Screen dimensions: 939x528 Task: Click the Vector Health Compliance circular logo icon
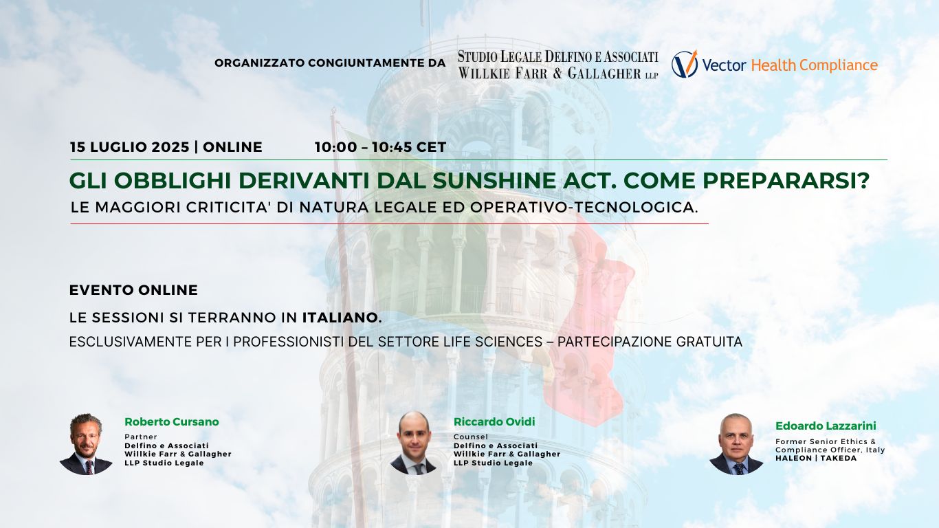point(685,64)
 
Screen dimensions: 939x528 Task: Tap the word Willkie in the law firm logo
point(484,74)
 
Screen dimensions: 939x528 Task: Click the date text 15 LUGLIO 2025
point(129,147)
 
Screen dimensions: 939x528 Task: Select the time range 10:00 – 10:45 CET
point(380,147)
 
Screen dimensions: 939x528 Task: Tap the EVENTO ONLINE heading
point(133,290)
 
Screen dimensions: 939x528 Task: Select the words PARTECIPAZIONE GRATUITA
point(650,342)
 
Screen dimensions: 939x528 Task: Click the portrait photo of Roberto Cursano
point(86,444)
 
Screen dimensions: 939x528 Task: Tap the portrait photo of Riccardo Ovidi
point(414,443)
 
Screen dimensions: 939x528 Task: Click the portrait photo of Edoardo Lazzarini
point(736,444)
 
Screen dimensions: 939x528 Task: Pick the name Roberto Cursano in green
point(171,422)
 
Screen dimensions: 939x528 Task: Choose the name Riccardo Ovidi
point(494,422)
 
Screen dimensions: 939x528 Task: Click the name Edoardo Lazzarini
point(826,426)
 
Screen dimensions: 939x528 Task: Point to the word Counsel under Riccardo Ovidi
point(471,437)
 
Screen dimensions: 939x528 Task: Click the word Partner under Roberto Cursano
point(141,437)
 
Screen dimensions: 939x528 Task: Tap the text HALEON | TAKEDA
point(816,459)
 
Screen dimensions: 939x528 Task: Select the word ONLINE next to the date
point(232,147)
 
